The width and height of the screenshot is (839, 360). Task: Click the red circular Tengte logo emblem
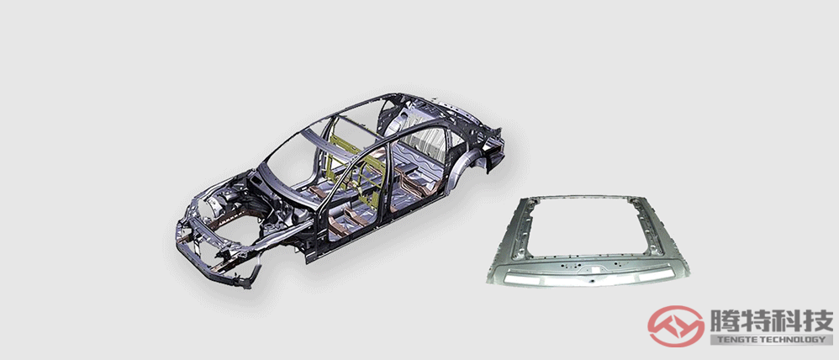pos(676,326)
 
